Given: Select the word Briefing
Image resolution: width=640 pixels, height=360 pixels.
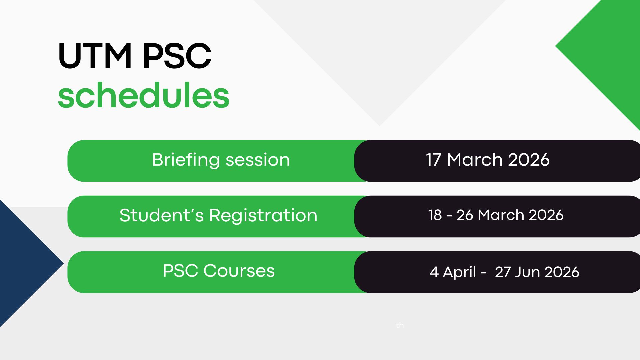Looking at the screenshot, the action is (x=186, y=160).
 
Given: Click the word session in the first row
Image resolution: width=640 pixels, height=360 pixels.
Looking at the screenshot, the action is (x=258, y=160).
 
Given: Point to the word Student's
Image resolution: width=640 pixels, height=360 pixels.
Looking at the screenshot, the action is (x=161, y=215).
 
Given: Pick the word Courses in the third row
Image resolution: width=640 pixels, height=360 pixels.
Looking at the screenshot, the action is (x=239, y=271).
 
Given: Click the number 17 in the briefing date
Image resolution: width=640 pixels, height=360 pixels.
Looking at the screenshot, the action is (x=433, y=160).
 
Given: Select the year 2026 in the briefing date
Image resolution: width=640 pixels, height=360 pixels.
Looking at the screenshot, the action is (x=529, y=160).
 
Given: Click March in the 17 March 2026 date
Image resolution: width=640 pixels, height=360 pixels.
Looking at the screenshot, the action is (x=475, y=160).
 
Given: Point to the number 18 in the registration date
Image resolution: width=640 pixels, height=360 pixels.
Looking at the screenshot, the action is (x=435, y=215).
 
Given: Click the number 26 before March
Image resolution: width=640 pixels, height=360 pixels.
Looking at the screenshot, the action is (x=465, y=215).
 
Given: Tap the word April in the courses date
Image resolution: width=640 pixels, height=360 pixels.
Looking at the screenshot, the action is (x=459, y=272).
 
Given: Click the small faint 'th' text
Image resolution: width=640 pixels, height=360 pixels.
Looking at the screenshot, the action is (x=400, y=325).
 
